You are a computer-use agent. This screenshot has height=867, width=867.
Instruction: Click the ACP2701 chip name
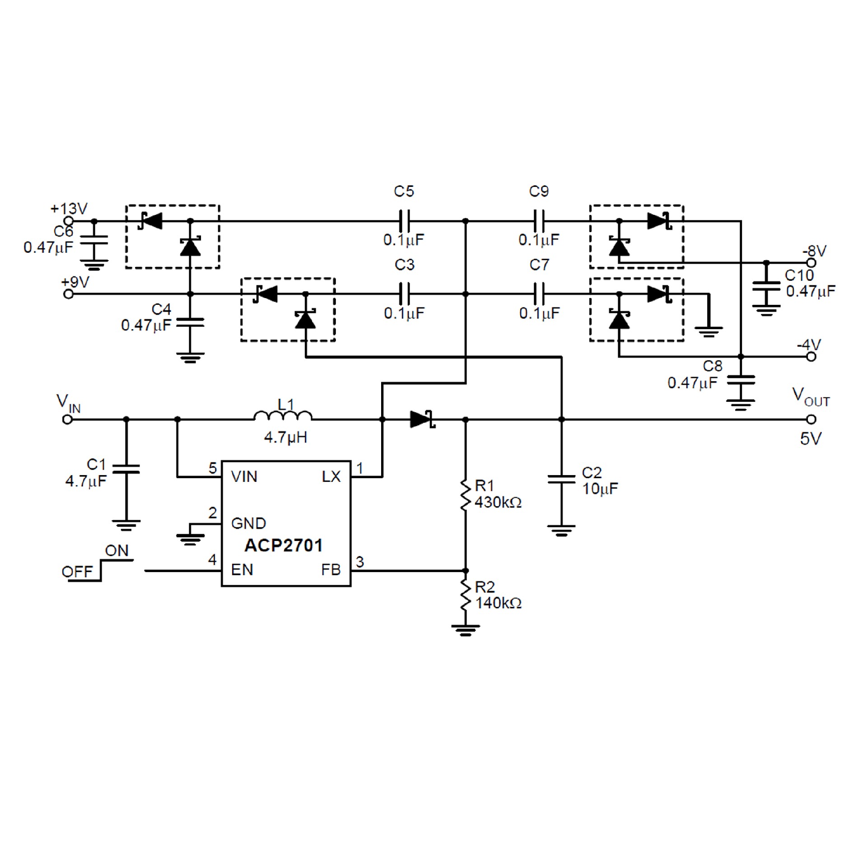pyautogui.click(x=283, y=545)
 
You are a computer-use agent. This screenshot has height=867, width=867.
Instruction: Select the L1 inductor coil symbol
pyautogui.click(x=283, y=416)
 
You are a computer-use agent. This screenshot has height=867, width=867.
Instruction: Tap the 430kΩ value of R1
pyautogui.click(x=498, y=502)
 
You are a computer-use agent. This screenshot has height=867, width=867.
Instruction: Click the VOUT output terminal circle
pyautogui.click(x=811, y=420)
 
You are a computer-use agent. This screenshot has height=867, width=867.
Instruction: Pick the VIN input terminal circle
pyautogui.click(x=67, y=420)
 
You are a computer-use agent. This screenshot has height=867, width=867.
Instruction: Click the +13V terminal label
pyautogui.click(x=69, y=209)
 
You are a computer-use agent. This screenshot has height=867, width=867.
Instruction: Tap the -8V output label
pyautogui.click(x=814, y=251)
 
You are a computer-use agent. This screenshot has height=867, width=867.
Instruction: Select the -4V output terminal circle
pyautogui.click(x=811, y=357)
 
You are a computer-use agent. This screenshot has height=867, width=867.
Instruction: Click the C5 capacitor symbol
pyautogui.click(x=404, y=221)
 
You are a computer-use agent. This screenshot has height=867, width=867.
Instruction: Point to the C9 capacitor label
pyautogui.click(x=539, y=191)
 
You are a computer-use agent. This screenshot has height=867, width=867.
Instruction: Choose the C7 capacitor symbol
pyautogui.click(x=539, y=294)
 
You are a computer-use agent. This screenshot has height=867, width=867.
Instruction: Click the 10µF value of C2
pyautogui.click(x=600, y=489)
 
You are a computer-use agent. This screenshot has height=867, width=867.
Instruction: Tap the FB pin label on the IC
pyautogui.click(x=331, y=570)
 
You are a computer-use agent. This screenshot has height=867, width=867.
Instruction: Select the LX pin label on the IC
pyautogui.click(x=331, y=476)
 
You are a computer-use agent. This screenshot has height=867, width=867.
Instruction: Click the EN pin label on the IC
pyautogui.click(x=242, y=570)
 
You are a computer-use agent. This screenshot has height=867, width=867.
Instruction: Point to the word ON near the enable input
pyautogui.click(x=117, y=551)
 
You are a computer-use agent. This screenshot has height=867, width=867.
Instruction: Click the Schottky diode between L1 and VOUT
pyautogui.click(x=422, y=420)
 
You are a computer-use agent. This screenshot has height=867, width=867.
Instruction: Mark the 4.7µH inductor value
pyautogui.click(x=285, y=437)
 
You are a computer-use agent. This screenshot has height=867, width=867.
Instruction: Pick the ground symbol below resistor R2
pyautogui.click(x=466, y=630)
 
